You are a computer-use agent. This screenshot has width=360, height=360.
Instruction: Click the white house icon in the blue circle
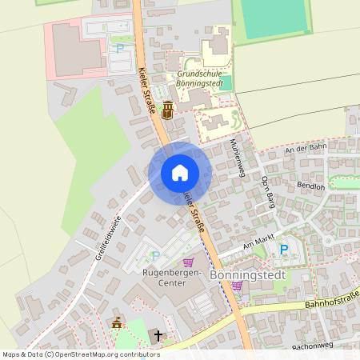pos(180,173)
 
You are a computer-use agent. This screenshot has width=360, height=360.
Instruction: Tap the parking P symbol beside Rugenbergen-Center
pos(156,256)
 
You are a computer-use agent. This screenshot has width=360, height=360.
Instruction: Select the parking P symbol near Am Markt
pos(283,250)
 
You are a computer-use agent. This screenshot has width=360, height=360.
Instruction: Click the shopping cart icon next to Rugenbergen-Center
pos(189,262)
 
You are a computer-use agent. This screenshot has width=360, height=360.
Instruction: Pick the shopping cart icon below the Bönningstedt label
pos(237,286)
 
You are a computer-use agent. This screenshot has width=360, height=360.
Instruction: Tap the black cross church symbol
pos(158,336)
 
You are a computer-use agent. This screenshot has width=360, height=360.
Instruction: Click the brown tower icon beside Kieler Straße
pos(167,110)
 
